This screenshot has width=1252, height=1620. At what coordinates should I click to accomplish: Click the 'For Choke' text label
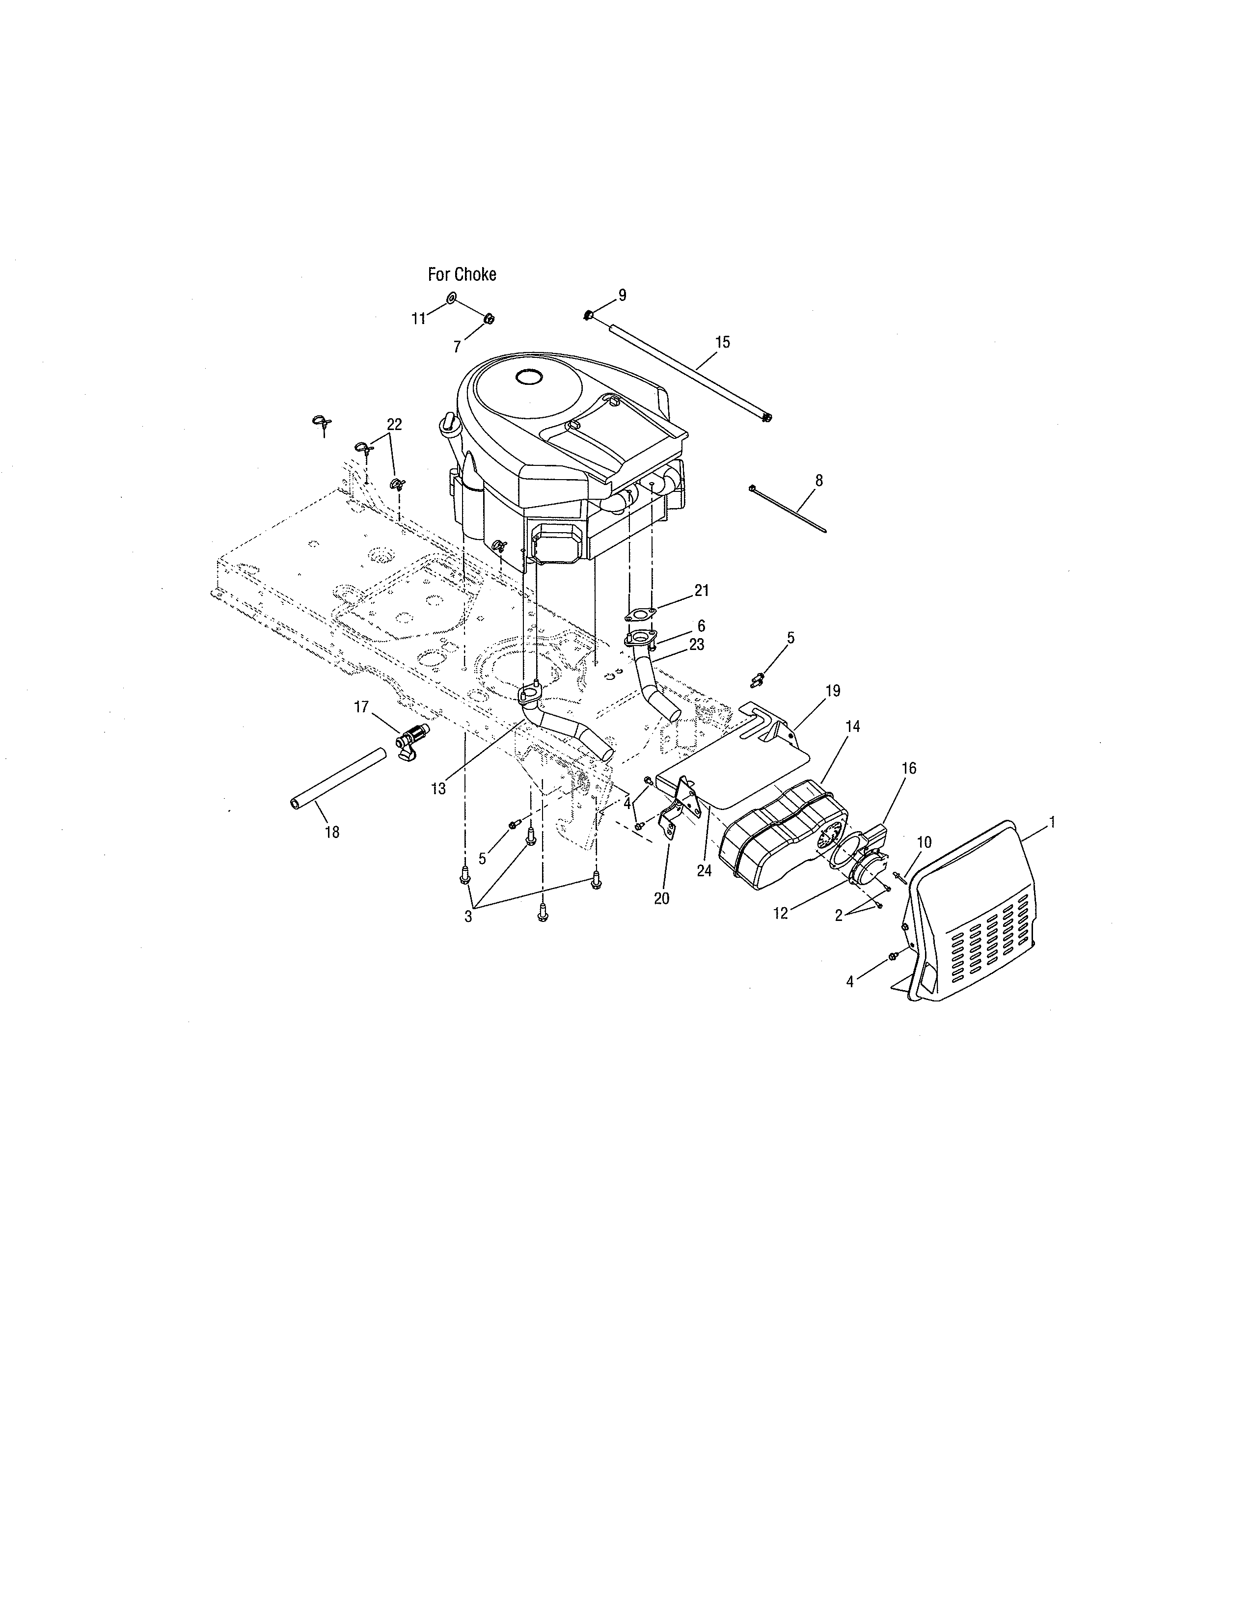tap(462, 274)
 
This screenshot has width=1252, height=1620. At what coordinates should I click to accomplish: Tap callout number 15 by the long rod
tap(722, 342)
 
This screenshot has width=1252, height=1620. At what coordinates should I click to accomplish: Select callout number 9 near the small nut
tap(622, 295)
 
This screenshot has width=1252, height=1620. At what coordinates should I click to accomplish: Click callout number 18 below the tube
tap(332, 832)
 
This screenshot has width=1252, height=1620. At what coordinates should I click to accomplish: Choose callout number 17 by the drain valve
tap(361, 707)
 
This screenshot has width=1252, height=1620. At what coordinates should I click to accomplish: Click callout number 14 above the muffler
tap(852, 727)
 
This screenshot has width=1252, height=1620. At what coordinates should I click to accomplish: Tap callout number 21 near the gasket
tap(702, 591)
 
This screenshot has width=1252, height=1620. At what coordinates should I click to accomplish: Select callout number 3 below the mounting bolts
tap(468, 916)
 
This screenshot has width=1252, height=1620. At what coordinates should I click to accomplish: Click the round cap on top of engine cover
tap(530, 377)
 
